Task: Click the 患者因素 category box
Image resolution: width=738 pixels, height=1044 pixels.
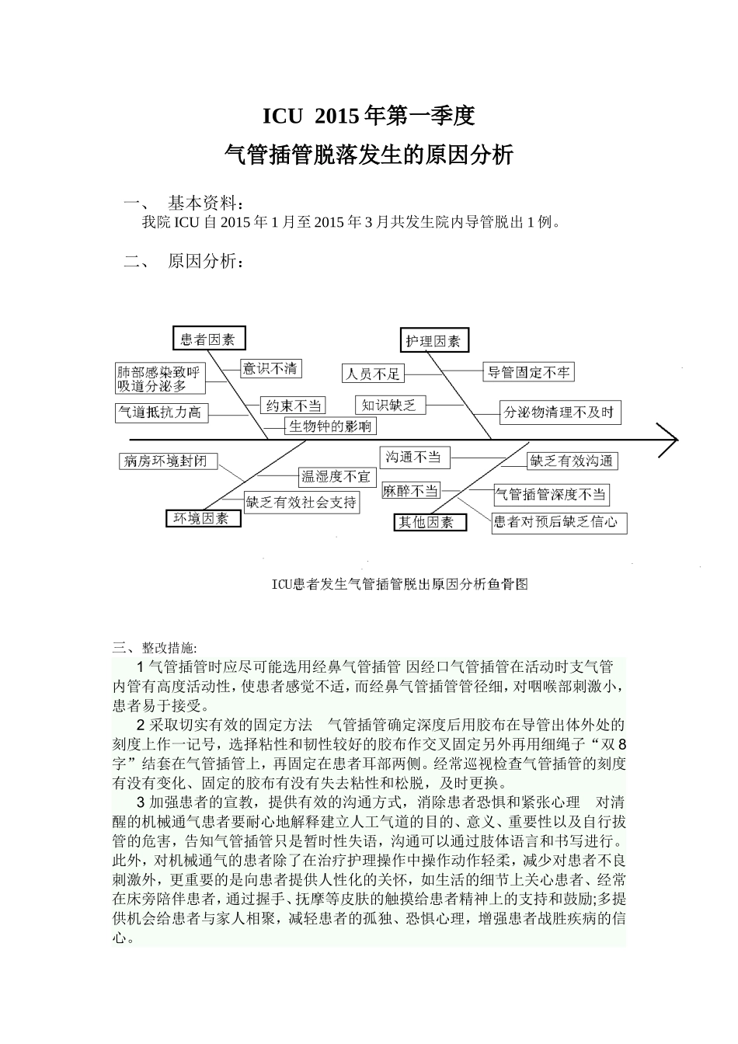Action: pyautogui.click(x=208, y=339)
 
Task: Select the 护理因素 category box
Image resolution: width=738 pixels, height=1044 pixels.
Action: pyautogui.click(x=433, y=340)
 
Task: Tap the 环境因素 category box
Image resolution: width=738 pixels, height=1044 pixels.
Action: pyautogui.click(x=201, y=519)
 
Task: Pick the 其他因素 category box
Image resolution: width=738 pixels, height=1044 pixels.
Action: pyautogui.click(x=430, y=522)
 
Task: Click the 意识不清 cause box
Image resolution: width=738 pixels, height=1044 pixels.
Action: pyautogui.click(x=270, y=368)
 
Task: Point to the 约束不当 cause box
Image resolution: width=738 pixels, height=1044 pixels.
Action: pyautogui.click(x=293, y=405)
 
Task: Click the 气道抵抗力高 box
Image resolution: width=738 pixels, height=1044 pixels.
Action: pyautogui.click(x=160, y=412)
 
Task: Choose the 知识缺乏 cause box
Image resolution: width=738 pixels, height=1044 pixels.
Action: pyautogui.click(x=390, y=405)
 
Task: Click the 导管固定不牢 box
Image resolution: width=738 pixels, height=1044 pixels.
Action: pyautogui.click(x=528, y=372)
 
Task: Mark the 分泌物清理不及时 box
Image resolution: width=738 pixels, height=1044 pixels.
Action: pyautogui.click(x=560, y=412)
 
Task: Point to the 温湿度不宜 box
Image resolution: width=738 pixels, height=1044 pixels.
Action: pyautogui.click(x=336, y=475)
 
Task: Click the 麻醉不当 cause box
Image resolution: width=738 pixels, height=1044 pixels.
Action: pyautogui.click(x=411, y=491)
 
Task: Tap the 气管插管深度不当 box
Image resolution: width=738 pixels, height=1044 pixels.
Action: pyautogui.click(x=551, y=494)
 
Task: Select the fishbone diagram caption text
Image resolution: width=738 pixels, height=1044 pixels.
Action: pyautogui.click(x=399, y=584)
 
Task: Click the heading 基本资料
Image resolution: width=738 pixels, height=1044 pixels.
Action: pyautogui.click(x=205, y=204)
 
